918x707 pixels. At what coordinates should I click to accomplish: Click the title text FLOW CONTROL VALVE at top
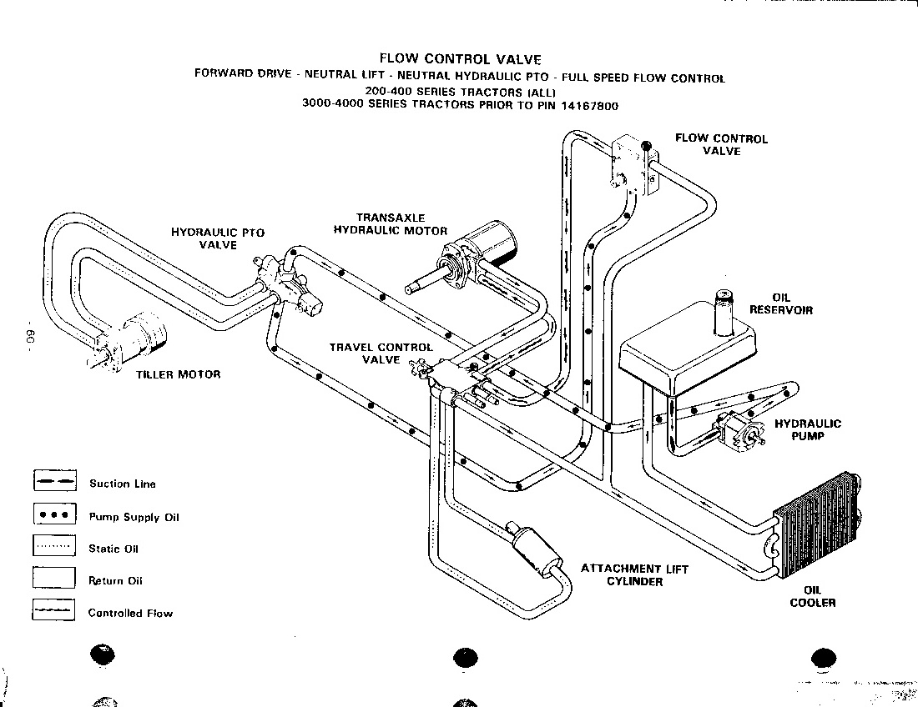point(460,59)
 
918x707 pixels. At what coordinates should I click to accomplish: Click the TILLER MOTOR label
point(178,374)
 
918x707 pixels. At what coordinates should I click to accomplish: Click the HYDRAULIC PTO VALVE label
point(218,238)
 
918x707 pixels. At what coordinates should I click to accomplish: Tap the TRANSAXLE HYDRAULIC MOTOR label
point(391,224)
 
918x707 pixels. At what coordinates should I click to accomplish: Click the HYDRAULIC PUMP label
point(808,429)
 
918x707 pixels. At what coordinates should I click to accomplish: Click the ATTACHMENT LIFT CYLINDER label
point(634,574)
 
